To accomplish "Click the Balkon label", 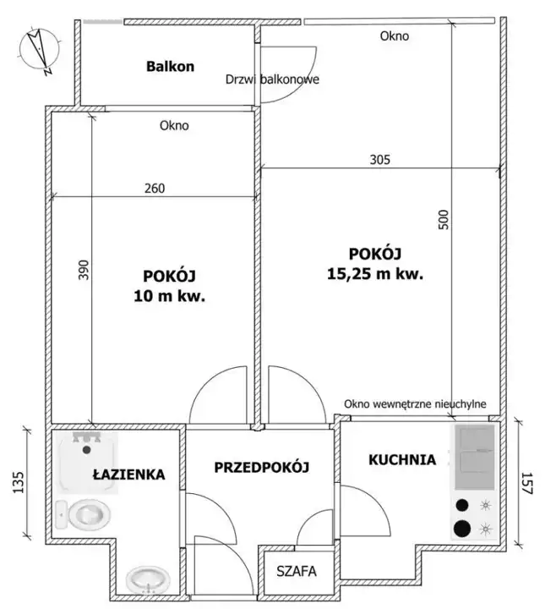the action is [170, 67].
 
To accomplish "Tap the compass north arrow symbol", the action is [39, 50].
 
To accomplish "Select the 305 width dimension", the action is [379, 160].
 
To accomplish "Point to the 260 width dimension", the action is [155, 189].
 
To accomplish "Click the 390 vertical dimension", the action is [84, 270].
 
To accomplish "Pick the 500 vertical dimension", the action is [444, 219].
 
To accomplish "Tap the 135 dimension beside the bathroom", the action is [19, 482].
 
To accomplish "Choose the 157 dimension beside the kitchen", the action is [526, 483].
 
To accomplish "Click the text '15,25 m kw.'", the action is [374, 274].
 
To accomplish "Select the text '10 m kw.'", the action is [169, 297].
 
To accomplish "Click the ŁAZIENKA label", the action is [128, 475].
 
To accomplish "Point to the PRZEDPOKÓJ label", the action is [261, 467].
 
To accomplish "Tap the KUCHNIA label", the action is [402, 460].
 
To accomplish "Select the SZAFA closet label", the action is [297, 571].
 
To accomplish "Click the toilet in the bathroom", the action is [83, 514].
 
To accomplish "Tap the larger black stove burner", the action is [461, 528].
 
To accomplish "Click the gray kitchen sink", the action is [474, 457].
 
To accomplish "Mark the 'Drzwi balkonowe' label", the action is [272, 80].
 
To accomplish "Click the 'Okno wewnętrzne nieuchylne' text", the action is [415, 404].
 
